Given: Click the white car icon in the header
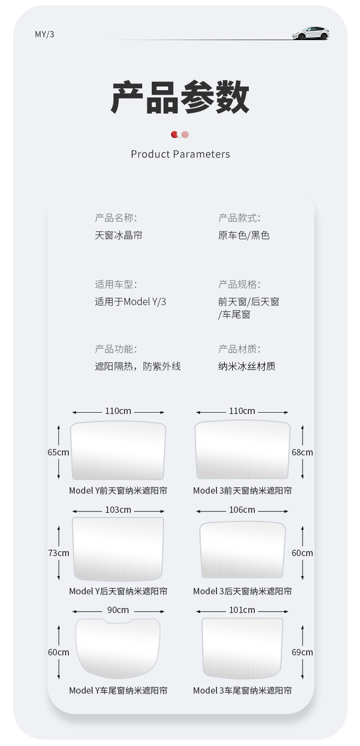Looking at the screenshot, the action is coord(311,33).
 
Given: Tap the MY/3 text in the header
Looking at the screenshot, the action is coord(45,35).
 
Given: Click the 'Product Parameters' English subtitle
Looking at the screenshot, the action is coord(180,154).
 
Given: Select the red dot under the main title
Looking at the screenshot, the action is coord(175,134).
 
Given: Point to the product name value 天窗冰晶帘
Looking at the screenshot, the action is coord(118,235).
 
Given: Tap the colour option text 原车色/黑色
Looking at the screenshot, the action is coord(244,235).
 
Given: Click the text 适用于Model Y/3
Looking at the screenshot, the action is coord(130,301).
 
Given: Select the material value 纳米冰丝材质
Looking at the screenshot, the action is coord(247,366).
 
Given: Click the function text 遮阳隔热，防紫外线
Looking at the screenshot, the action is coord(138,366).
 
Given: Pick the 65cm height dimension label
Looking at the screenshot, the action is coord(58,452).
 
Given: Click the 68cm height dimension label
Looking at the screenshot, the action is coord(302,452).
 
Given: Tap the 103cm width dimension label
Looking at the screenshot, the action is coord(118,510).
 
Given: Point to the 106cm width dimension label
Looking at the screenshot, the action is coord(242,510).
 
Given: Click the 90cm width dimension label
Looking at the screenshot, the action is coord(118,610).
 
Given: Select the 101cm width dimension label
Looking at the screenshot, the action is coord(242,610).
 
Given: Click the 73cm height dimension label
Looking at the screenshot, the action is coord(59,553).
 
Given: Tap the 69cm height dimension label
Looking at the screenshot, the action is coord(302,652).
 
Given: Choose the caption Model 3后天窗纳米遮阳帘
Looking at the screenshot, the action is coord(242,591).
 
